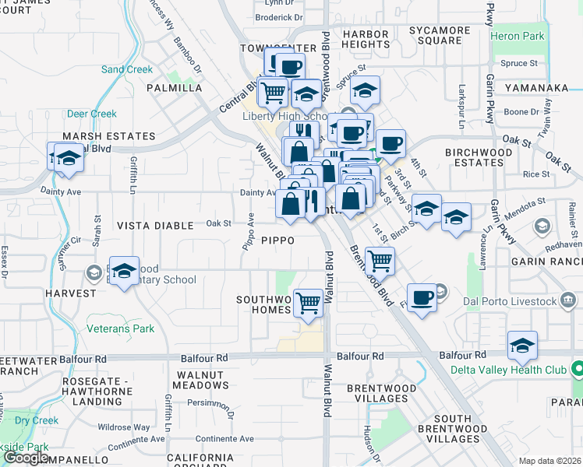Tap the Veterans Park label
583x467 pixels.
point(121,328)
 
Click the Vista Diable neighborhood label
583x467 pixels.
point(155,226)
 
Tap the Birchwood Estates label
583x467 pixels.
point(474,157)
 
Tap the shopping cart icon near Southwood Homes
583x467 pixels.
point(309,301)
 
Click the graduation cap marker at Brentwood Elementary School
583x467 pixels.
point(124,271)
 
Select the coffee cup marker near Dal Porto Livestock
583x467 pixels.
point(422,297)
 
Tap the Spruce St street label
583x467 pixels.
point(520,63)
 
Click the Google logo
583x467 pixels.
point(26,458)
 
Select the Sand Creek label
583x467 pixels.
point(127,69)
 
